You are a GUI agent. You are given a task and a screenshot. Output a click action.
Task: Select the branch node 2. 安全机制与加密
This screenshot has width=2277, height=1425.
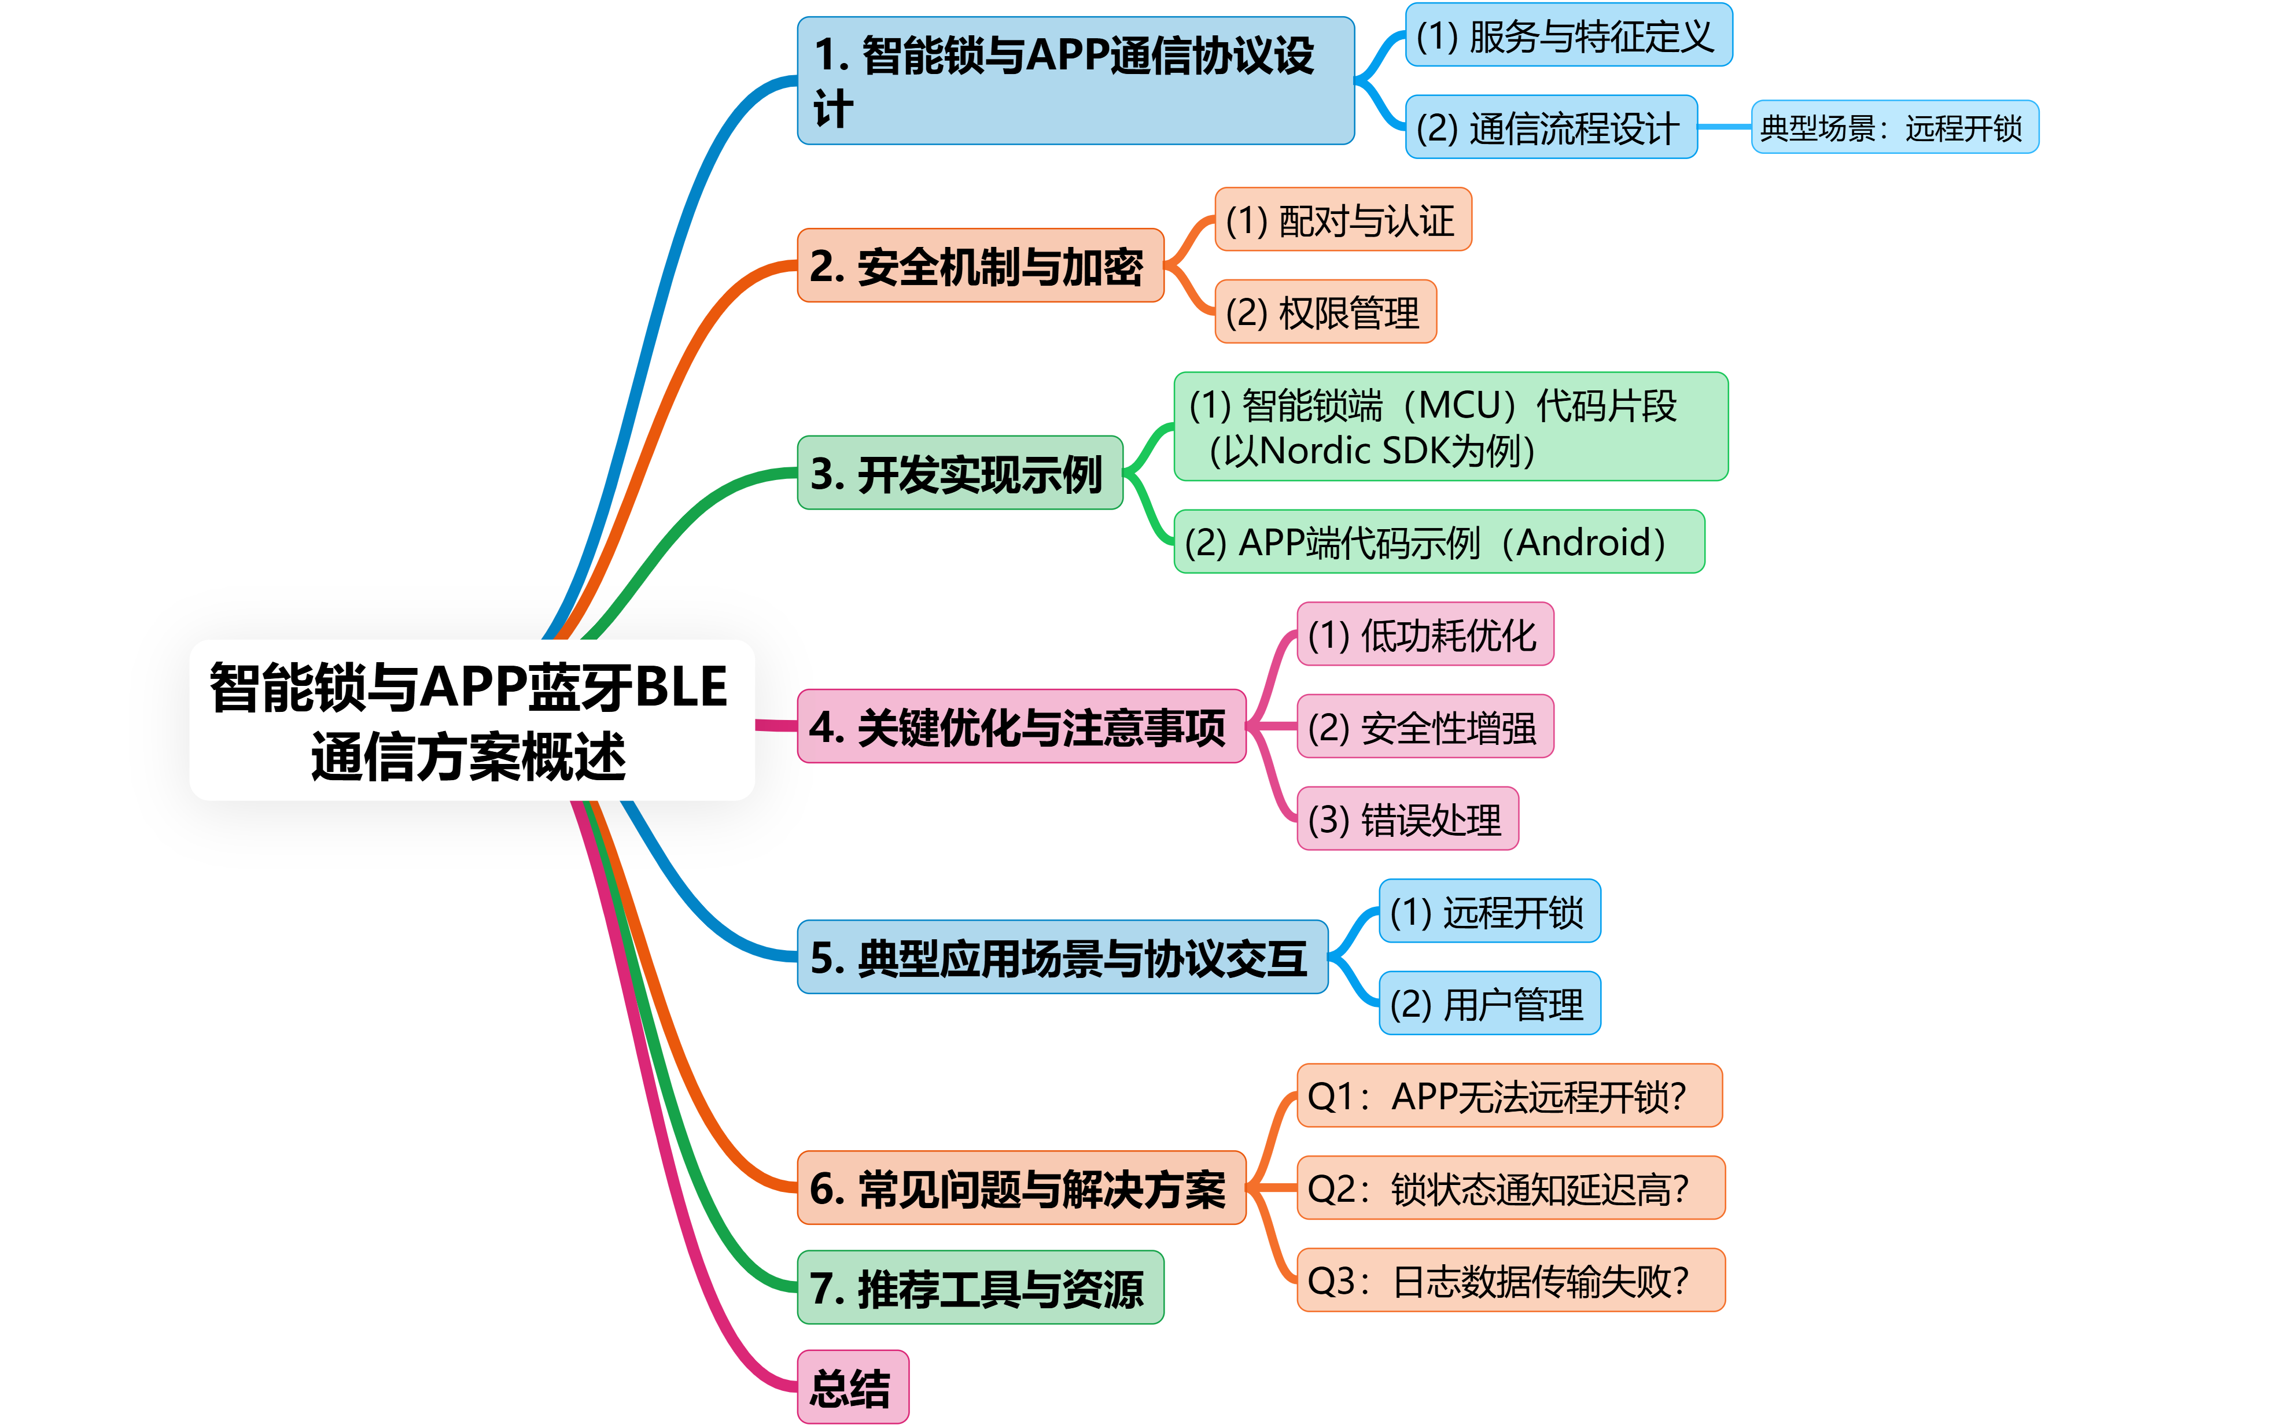tap(980, 266)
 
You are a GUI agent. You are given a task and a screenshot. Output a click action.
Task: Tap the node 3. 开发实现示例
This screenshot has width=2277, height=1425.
tap(959, 473)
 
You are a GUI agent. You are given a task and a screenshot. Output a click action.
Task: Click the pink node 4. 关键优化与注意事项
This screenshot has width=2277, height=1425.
tap(1020, 726)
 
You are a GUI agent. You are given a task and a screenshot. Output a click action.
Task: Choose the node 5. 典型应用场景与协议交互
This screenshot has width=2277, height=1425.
tap(1062, 958)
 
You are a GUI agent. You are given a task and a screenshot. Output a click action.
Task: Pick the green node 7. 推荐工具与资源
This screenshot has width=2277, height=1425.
tap(980, 1287)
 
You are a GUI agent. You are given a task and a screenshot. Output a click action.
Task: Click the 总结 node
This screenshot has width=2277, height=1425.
tap(852, 1387)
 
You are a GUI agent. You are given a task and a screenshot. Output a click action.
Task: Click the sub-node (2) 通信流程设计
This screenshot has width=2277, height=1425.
tap(1550, 127)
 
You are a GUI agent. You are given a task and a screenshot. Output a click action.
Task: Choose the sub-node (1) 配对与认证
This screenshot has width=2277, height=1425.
tap(1342, 220)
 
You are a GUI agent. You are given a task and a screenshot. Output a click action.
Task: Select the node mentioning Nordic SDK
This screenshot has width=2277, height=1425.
tap(1450, 427)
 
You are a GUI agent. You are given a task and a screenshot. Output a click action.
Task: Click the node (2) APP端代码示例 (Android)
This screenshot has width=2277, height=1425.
tap(1438, 542)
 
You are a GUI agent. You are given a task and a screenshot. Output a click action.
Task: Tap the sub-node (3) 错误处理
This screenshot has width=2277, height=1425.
tap(1407, 819)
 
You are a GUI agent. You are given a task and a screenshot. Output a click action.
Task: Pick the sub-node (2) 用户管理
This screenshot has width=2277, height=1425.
tap(1489, 1004)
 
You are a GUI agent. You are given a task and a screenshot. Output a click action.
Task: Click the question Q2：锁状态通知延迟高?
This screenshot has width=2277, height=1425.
tap(1510, 1188)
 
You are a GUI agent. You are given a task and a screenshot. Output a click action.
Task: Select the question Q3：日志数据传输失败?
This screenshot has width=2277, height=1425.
tap(1510, 1280)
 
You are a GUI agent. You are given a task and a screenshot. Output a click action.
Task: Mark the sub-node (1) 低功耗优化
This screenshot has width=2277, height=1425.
tap(1424, 634)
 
